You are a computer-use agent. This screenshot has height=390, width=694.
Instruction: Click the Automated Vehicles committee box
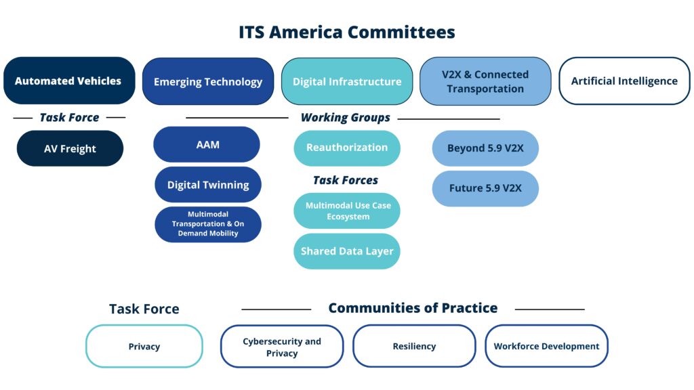pyautogui.click(x=70, y=81)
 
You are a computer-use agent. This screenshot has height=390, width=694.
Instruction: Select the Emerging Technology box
pyautogui.click(x=208, y=81)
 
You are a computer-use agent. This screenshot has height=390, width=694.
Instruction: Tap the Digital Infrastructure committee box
pyautogui.click(x=347, y=81)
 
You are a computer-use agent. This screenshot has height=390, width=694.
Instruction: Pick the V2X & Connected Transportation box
pyautogui.click(x=485, y=81)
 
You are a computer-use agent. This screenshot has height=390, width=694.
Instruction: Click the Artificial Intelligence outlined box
pyautogui.click(x=624, y=81)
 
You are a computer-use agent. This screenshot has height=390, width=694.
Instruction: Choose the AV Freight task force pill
pyautogui.click(x=70, y=148)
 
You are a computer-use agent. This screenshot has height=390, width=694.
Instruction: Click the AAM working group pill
pyautogui.click(x=207, y=145)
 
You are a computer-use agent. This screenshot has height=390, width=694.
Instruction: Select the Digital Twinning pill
pyautogui.click(x=208, y=184)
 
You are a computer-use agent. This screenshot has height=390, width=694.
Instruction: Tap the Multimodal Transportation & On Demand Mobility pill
pyautogui.click(x=208, y=224)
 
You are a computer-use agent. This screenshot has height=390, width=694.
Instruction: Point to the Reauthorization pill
pyautogui.click(x=347, y=148)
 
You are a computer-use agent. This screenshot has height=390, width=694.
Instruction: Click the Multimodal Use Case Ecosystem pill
pyautogui.click(x=347, y=211)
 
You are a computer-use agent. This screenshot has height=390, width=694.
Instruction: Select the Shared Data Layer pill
pyautogui.click(x=347, y=251)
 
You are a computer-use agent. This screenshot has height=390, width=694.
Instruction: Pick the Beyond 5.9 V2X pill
pyautogui.click(x=485, y=148)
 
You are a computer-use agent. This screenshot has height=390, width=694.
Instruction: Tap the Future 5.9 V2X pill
pyautogui.click(x=485, y=188)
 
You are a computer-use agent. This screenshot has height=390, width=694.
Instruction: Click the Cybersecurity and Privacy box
pyautogui.click(x=282, y=347)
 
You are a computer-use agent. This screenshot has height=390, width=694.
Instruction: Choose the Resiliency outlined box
pyautogui.click(x=414, y=346)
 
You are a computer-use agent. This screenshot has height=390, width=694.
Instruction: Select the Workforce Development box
pyautogui.click(x=547, y=346)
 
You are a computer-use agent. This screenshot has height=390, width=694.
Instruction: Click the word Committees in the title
pyautogui.click(x=401, y=32)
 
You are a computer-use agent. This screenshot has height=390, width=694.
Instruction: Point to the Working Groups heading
pyautogui.click(x=345, y=118)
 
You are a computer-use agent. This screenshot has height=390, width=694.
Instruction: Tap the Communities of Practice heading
pyautogui.click(x=413, y=308)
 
